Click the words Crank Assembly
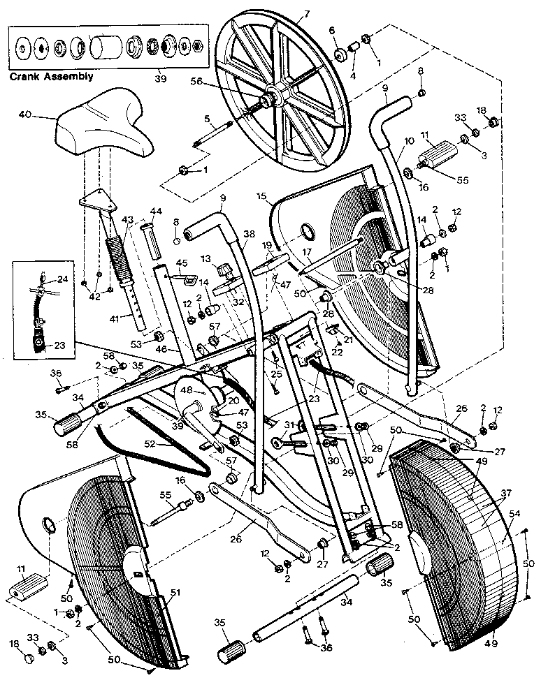click(50, 77)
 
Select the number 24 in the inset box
click(62, 279)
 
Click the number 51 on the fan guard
click(175, 593)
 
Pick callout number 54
click(514, 514)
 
